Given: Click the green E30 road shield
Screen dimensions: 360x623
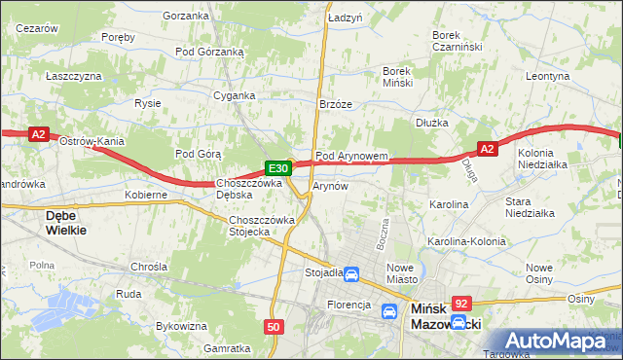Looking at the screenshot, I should click(276, 167).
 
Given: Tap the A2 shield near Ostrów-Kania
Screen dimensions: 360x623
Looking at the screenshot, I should click(39, 135).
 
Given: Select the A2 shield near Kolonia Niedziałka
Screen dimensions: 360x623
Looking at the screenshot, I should click(489, 148).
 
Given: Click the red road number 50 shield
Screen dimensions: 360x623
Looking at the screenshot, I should click(275, 327).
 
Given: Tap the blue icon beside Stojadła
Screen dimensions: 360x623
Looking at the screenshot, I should click(352, 273).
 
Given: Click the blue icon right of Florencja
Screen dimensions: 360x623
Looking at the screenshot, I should click(389, 310).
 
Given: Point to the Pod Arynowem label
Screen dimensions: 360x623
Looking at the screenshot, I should click(352, 156).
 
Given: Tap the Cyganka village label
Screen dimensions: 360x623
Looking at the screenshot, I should click(235, 95).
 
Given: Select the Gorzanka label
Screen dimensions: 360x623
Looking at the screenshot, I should click(187, 16).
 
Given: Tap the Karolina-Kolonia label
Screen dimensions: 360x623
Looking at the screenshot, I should click(466, 241).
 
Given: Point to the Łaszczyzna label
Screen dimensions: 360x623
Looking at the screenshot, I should click(74, 75).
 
